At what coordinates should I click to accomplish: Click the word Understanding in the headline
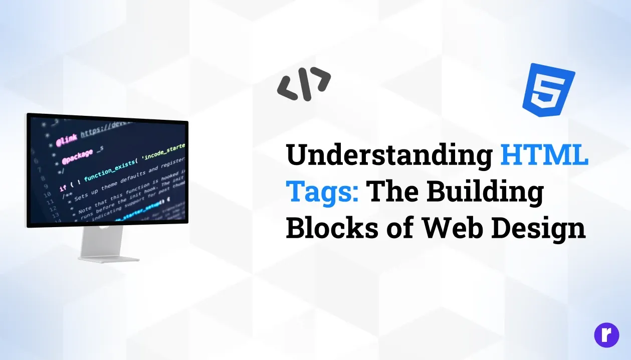click(388, 155)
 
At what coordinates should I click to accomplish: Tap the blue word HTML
click(544, 154)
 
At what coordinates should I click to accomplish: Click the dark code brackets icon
click(304, 84)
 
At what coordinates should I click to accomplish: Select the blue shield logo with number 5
click(548, 88)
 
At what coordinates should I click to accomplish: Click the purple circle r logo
click(606, 335)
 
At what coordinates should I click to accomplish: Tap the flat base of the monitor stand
click(109, 258)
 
